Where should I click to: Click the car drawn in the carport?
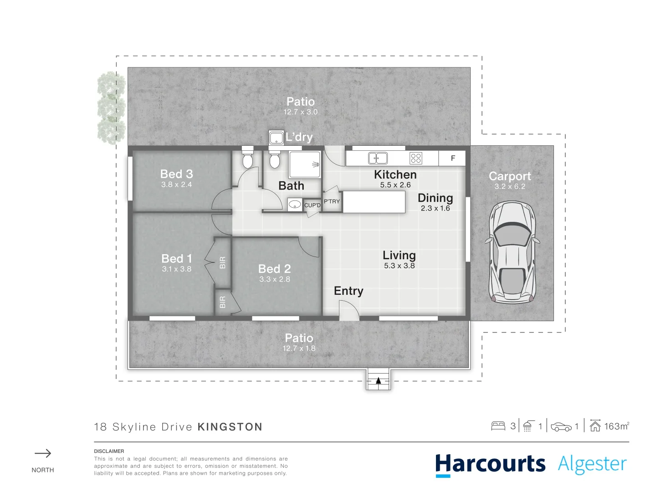[512, 253]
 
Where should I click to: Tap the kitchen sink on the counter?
[378, 158]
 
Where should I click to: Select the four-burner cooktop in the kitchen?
[415, 158]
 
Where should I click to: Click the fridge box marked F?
[452, 158]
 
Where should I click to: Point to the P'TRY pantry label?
[332, 201]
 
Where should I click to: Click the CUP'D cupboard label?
[313, 205]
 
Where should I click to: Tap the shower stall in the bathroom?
[305, 164]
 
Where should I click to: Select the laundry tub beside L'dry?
[276, 137]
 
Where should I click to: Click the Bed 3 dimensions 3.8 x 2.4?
[176, 184]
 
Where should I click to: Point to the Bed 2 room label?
[274, 269]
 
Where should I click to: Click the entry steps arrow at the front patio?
[378, 381]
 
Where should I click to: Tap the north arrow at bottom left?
[43, 453]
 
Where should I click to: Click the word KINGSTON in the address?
[230, 427]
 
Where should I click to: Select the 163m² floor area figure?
[616, 426]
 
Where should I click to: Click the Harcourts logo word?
[490, 464]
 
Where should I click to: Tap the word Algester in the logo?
[592, 464]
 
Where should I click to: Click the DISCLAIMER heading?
[109, 451]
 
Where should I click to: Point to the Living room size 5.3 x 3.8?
[399, 266]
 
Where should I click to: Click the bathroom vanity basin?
[295, 205]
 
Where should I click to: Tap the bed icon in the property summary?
[498, 426]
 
